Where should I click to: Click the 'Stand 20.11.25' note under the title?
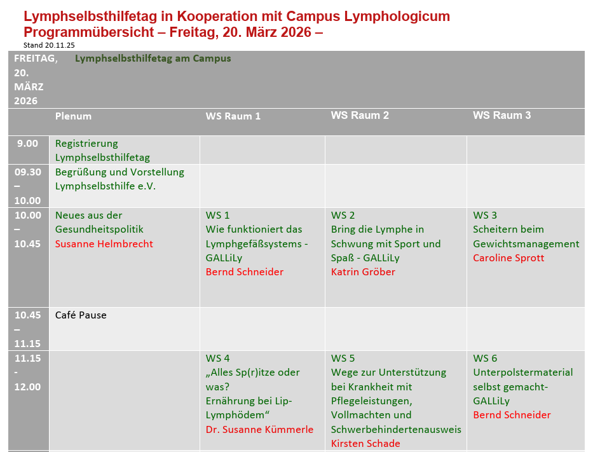click(x=49, y=45)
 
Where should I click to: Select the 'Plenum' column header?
click(x=73, y=116)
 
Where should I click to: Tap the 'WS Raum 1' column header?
click(x=233, y=116)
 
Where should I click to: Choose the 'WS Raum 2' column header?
click(x=360, y=115)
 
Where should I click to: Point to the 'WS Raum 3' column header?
click(x=501, y=115)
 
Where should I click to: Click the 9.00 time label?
click(x=27, y=144)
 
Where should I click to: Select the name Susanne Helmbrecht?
click(x=104, y=243)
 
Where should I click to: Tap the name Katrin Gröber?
click(x=363, y=272)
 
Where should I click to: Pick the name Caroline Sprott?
click(x=508, y=258)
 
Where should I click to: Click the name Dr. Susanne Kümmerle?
click(x=259, y=430)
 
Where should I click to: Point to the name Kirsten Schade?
click(x=365, y=444)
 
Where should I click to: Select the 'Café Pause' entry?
click(x=81, y=315)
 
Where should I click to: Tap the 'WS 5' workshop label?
click(x=343, y=359)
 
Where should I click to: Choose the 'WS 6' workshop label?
click(x=485, y=359)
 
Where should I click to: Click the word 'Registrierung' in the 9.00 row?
click(x=86, y=144)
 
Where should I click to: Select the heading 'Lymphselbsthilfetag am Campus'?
click(x=153, y=58)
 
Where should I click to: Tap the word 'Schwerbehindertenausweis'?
click(x=396, y=430)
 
